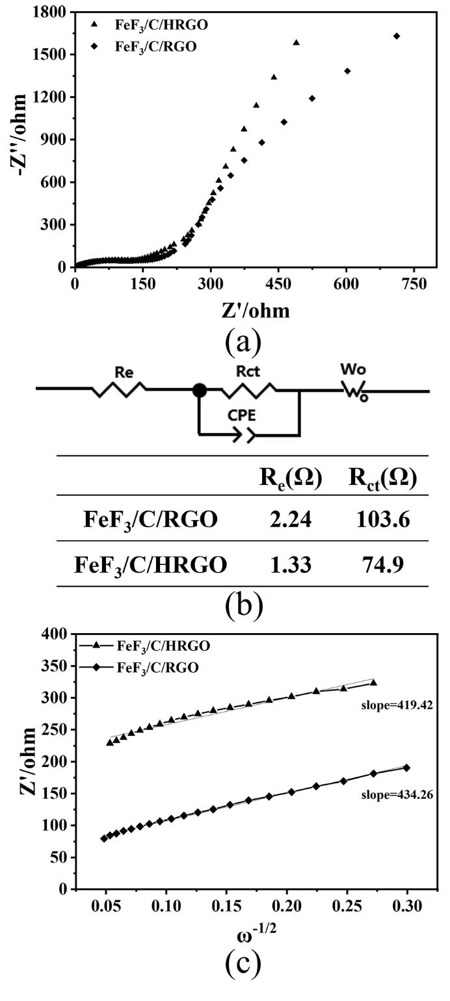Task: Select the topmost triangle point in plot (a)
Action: pyautogui.click(x=297, y=42)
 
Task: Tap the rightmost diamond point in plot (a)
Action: pyautogui.click(x=397, y=36)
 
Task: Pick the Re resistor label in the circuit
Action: pyautogui.click(x=124, y=372)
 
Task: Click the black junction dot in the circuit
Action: pyautogui.click(x=199, y=391)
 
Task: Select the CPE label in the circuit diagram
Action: pyautogui.click(x=242, y=415)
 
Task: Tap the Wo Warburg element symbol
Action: pyautogui.click(x=355, y=391)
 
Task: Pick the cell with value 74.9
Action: pyautogui.click(x=384, y=564)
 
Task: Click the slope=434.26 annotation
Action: pyautogui.click(x=397, y=795)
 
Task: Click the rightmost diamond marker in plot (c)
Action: pyautogui.click(x=406, y=768)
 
